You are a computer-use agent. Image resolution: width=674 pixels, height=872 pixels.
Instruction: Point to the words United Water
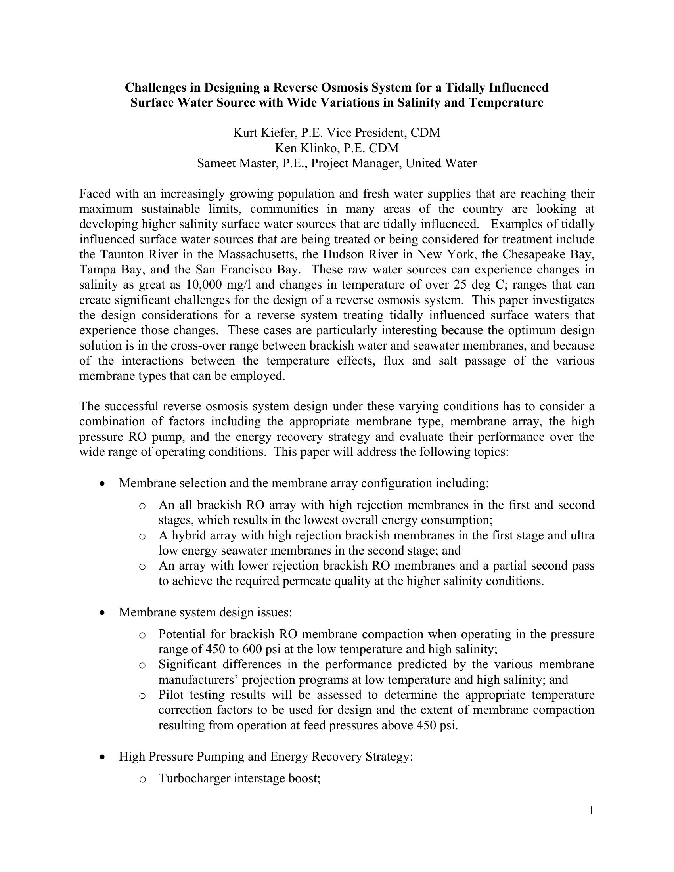(441, 163)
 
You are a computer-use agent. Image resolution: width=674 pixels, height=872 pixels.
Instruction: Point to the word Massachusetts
(267, 254)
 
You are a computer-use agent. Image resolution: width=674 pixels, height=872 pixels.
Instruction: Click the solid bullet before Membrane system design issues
(103, 612)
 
